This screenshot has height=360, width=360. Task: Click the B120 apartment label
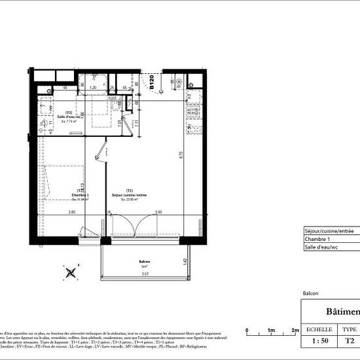click(x=151, y=82)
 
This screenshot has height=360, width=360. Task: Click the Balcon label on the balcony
click(x=144, y=260)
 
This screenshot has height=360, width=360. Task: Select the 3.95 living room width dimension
click(x=158, y=212)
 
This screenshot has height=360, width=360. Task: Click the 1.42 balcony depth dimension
click(x=185, y=261)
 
